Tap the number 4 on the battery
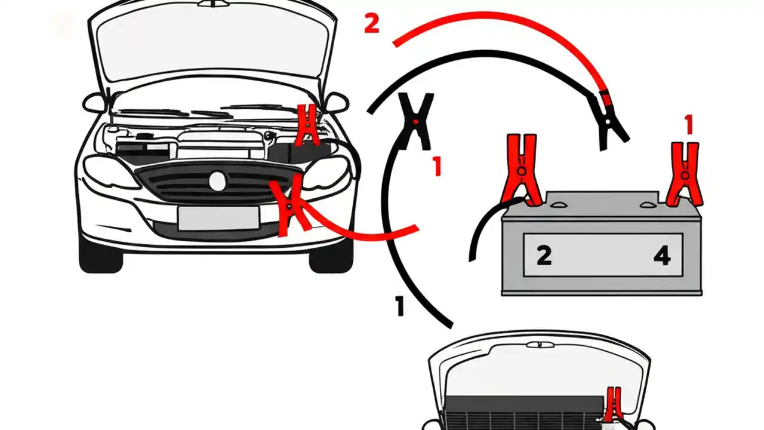661,256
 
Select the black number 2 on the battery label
544,256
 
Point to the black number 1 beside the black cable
400,306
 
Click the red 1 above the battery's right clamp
689,125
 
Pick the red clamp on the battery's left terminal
523,169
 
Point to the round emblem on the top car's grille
218,181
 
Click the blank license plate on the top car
218,218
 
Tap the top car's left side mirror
94,103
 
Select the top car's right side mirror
337,102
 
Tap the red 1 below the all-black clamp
437,167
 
